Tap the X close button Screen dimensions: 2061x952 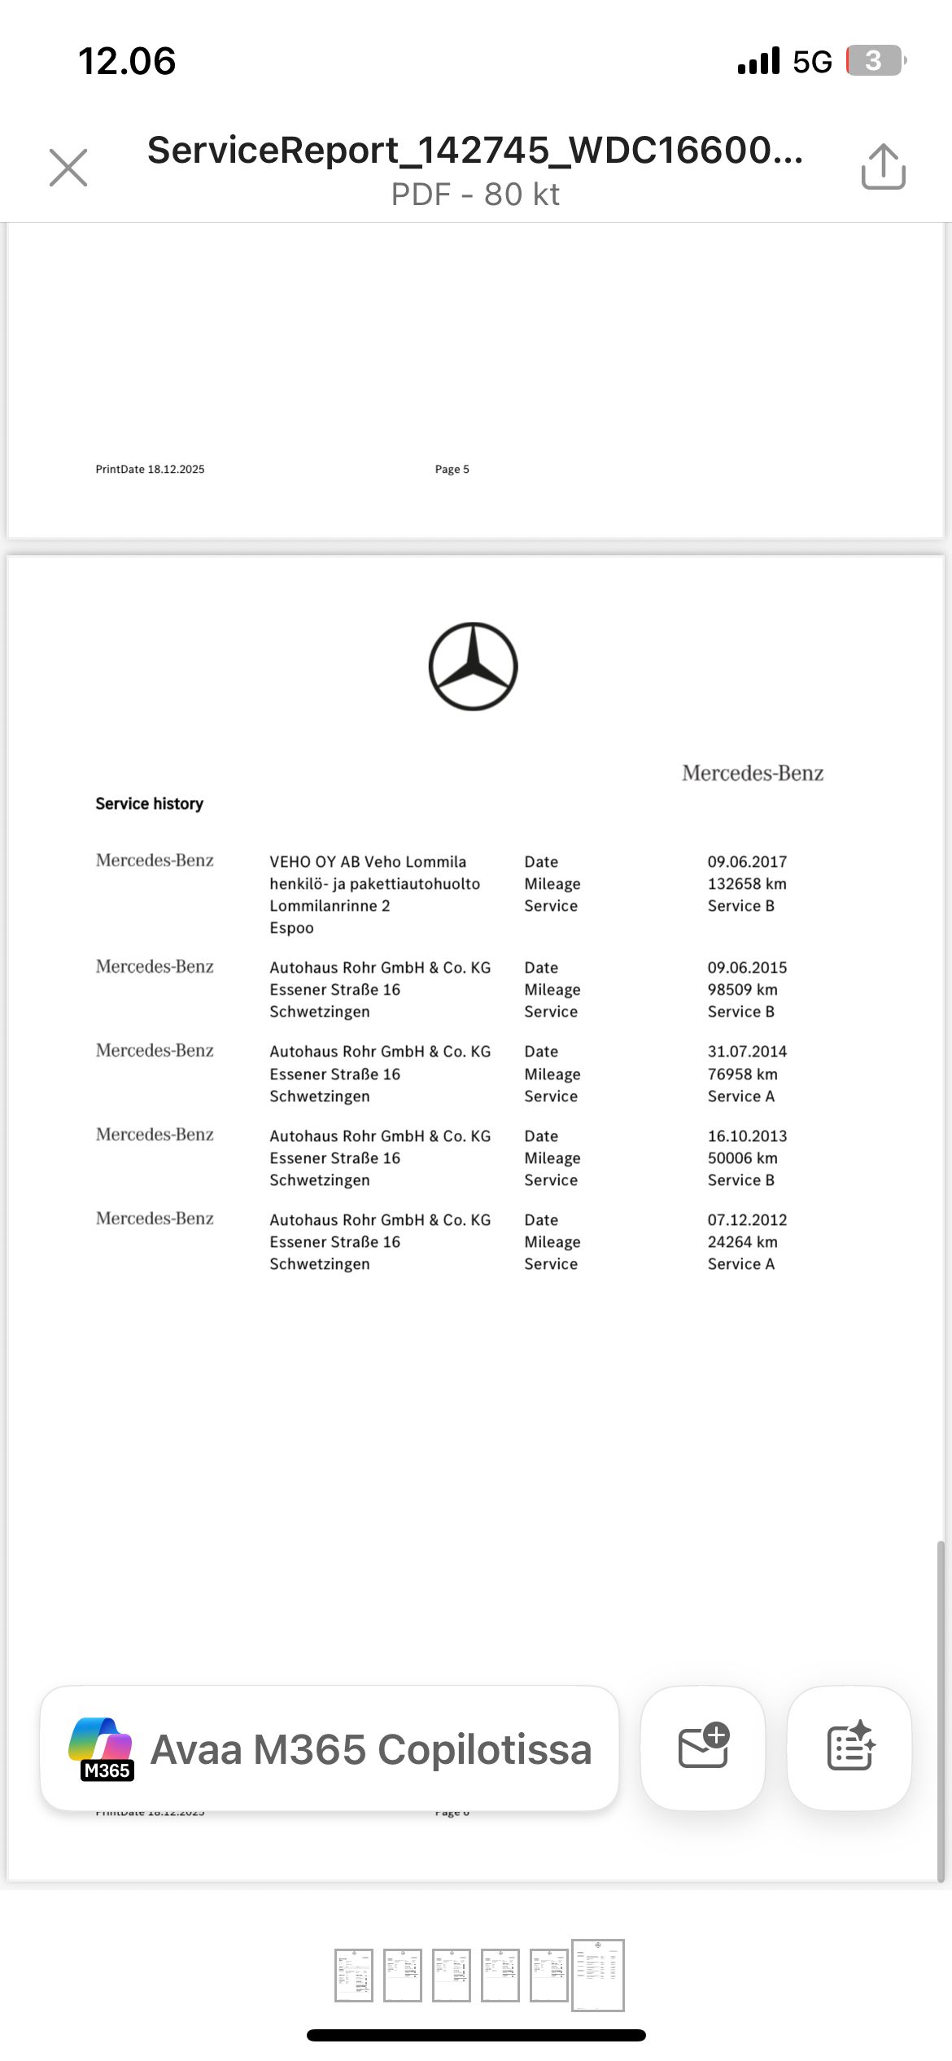point(68,168)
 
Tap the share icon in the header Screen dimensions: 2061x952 point(883,167)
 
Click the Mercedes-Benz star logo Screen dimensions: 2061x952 point(473,667)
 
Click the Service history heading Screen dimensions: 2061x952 point(149,803)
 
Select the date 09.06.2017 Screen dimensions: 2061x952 point(747,861)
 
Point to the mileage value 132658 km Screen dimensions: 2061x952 point(747,883)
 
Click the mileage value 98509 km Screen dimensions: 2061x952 point(742,989)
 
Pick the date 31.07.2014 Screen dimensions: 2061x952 point(747,1051)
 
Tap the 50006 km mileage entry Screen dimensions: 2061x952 point(742,1157)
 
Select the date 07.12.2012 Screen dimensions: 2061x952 point(747,1219)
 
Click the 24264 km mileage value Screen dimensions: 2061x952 point(742,1241)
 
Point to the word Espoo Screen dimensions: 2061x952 point(291,928)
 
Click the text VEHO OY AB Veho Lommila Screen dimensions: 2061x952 point(368,861)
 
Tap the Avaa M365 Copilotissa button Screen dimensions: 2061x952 point(330,1748)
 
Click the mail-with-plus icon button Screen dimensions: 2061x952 point(703,1748)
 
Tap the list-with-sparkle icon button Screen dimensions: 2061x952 point(849,1748)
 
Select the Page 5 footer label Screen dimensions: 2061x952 point(452,469)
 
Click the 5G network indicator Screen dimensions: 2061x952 point(812,62)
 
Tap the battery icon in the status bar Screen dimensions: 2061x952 point(876,61)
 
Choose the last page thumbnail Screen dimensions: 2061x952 point(597,1975)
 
